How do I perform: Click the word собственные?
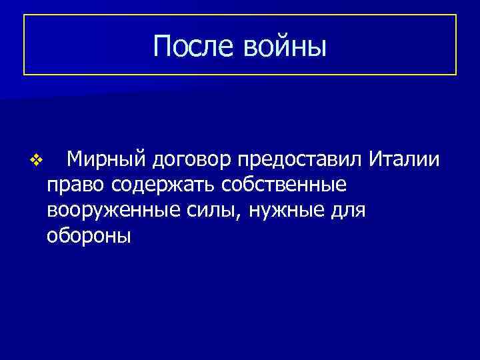289,185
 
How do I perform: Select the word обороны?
89,236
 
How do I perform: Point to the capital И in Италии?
376,158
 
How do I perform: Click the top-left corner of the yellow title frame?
24,15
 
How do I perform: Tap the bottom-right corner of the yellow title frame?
456,74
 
